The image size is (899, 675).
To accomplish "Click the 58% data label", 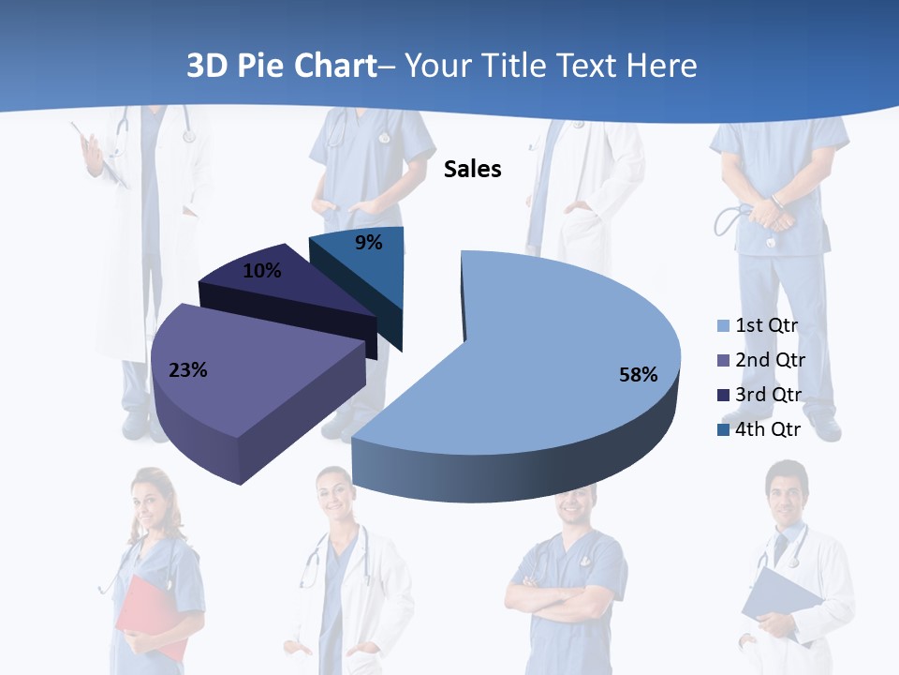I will (x=638, y=375).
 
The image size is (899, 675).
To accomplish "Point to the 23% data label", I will (x=187, y=370).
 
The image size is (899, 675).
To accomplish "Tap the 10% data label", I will (x=261, y=271).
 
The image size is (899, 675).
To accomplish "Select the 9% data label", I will (x=369, y=243).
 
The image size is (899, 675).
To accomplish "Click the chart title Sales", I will (x=472, y=169).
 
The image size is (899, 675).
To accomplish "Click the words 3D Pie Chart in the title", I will (x=280, y=66).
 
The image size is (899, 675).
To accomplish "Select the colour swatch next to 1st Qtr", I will (x=722, y=326).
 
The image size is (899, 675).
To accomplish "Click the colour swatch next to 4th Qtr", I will (x=722, y=429).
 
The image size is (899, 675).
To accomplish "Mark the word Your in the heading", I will (x=445, y=66).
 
